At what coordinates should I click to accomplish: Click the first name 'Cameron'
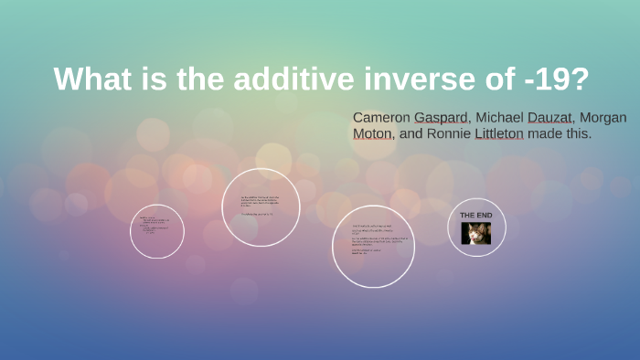coord(381,117)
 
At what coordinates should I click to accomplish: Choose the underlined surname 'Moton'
coord(373,133)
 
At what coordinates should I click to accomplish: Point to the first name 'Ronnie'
coord(450,133)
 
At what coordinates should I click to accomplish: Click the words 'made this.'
coord(567,133)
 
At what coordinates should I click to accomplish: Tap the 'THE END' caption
coord(476,215)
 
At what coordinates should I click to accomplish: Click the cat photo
coord(476,233)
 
